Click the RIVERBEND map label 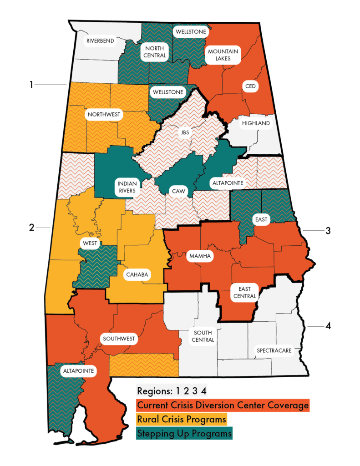pos(100,41)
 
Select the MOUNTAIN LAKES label pos(223,55)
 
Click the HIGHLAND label pos(256,123)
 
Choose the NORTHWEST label pos(105,114)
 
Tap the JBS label pos(185,132)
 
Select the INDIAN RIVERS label pos(125,187)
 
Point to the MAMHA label pos(199,256)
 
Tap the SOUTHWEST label pos(118,339)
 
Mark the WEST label pos(90,243)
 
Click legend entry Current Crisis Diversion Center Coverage pos(223,405)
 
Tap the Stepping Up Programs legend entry pos(184,433)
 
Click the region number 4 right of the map pos(328,326)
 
